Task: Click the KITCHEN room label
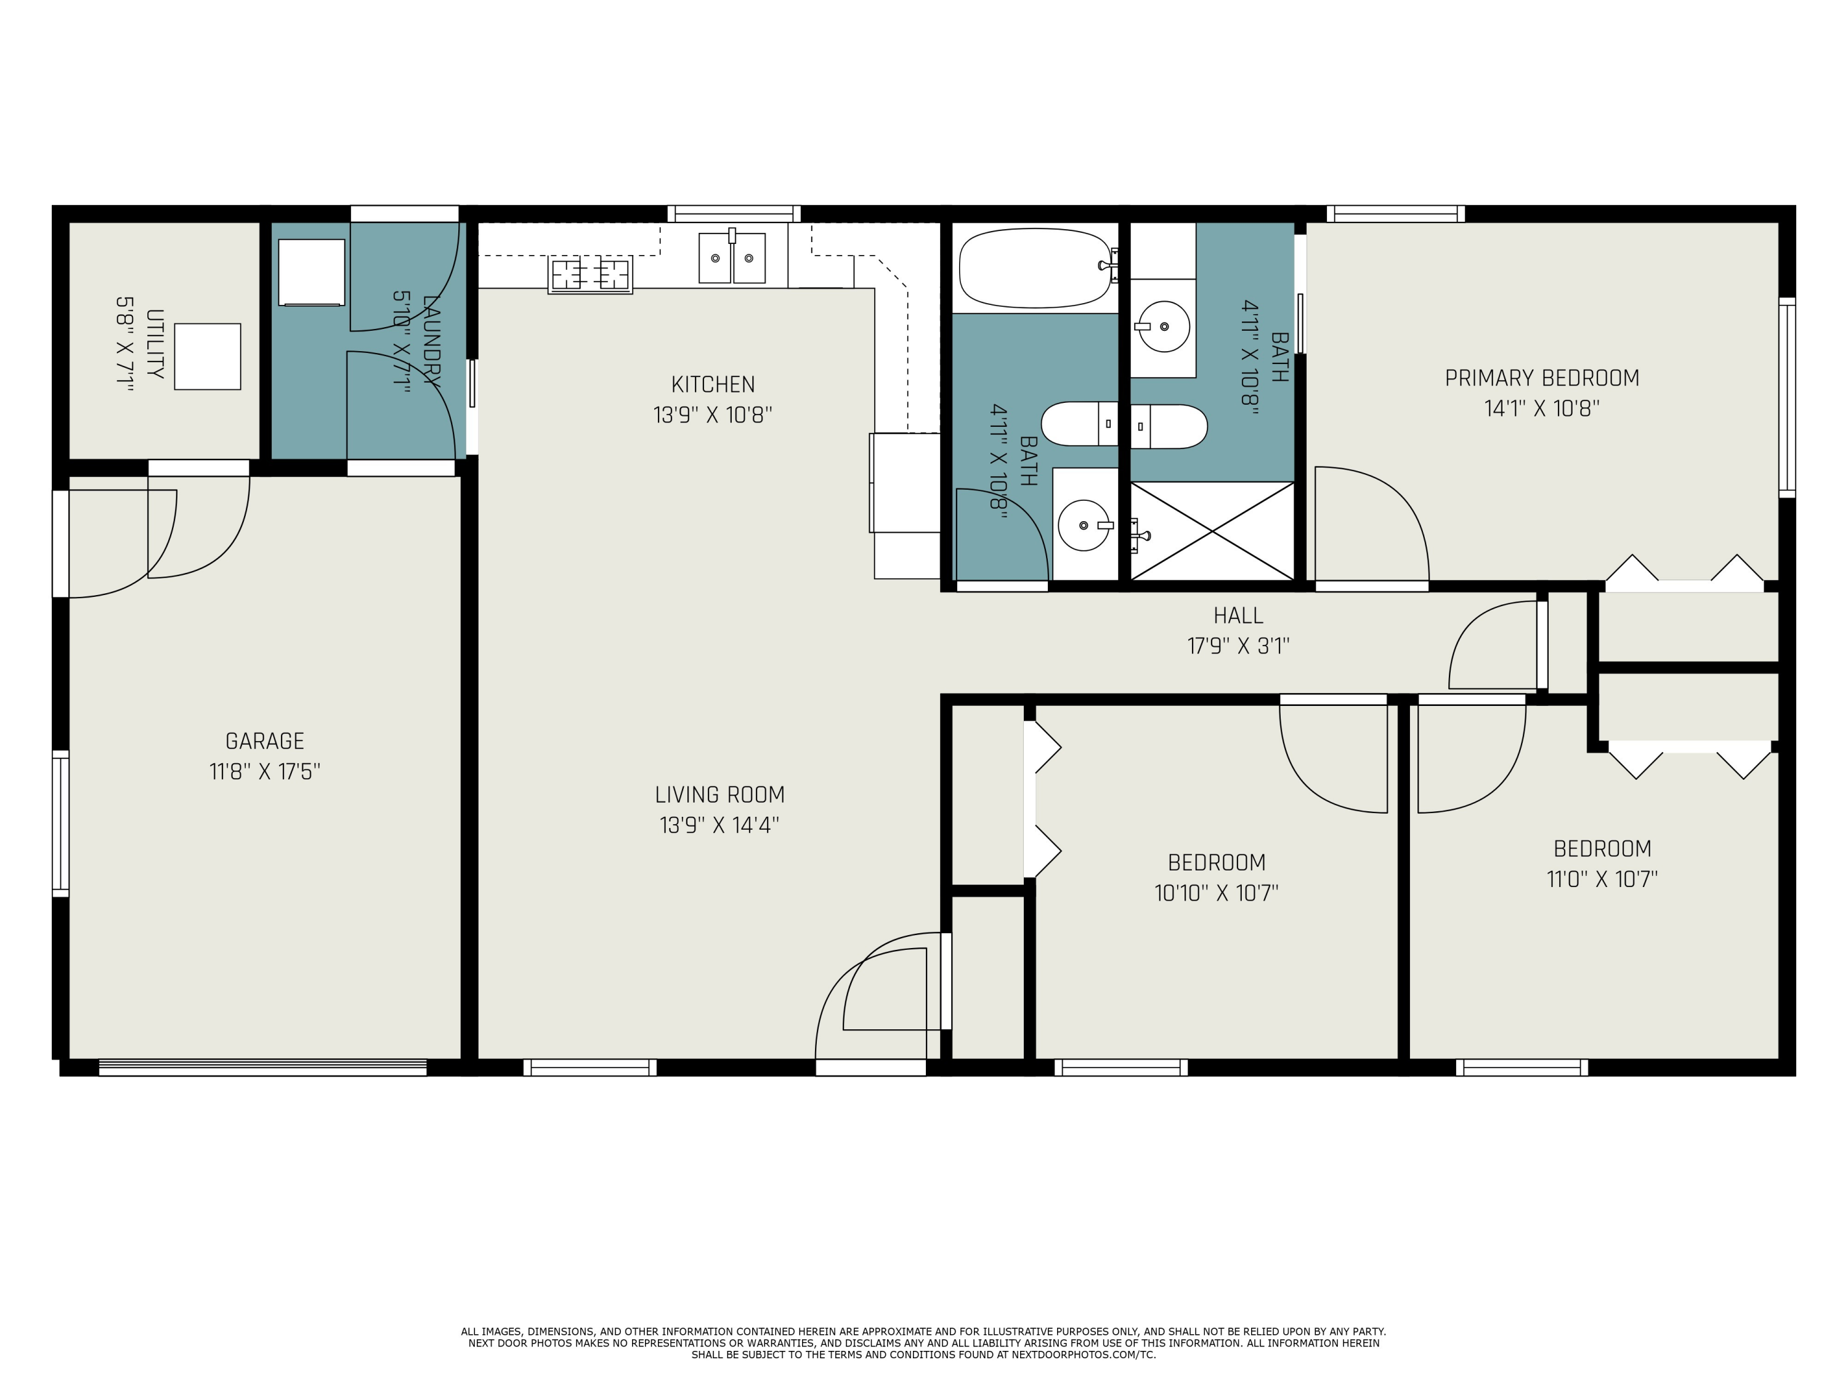713,384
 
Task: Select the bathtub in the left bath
1035,268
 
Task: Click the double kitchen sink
732,258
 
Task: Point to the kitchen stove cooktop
590,274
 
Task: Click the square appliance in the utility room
207,357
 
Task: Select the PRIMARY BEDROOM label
1541,378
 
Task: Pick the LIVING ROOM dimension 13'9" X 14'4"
719,825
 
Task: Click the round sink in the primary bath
1164,326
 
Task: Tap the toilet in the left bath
1079,424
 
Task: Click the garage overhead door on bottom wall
262,1067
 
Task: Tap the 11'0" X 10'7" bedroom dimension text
1602,880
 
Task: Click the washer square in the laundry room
312,272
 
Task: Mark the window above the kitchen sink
734,214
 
